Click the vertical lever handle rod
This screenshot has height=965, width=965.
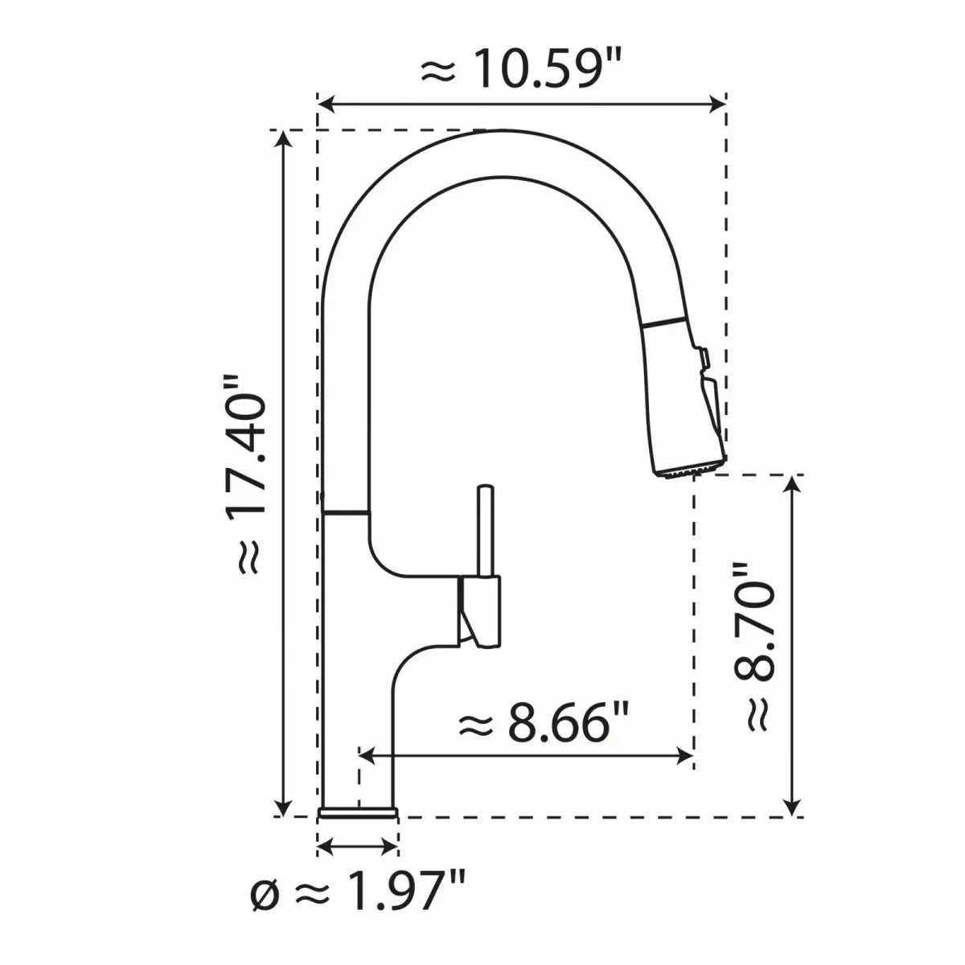click(485, 531)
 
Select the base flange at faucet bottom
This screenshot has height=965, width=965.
click(359, 814)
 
